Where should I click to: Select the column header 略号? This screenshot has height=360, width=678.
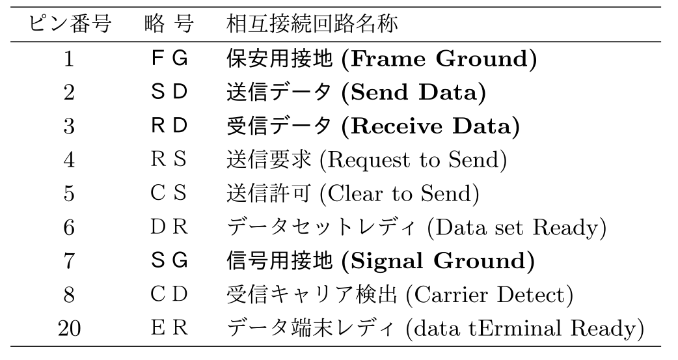click(x=169, y=24)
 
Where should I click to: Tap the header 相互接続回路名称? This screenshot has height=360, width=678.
click(x=312, y=24)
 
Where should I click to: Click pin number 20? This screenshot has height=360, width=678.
click(x=69, y=328)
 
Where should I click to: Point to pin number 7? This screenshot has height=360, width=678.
click(x=69, y=261)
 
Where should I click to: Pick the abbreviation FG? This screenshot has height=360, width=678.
click(x=169, y=59)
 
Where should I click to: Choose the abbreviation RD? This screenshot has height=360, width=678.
click(x=169, y=126)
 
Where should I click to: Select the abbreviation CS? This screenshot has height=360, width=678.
click(x=169, y=193)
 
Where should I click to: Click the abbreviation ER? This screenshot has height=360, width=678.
click(x=169, y=328)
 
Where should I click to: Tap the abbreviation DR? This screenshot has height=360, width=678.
click(x=169, y=227)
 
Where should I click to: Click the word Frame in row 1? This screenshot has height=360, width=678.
click(x=388, y=59)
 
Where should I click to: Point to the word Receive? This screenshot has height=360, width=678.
click(x=396, y=126)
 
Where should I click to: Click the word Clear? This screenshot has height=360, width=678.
click(x=355, y=193)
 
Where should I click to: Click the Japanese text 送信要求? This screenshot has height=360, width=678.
click(x=269, y=159)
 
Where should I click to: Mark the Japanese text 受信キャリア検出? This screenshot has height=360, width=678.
click(x=312, y=295)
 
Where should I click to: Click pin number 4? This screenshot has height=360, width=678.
click(x=69, y=159)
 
